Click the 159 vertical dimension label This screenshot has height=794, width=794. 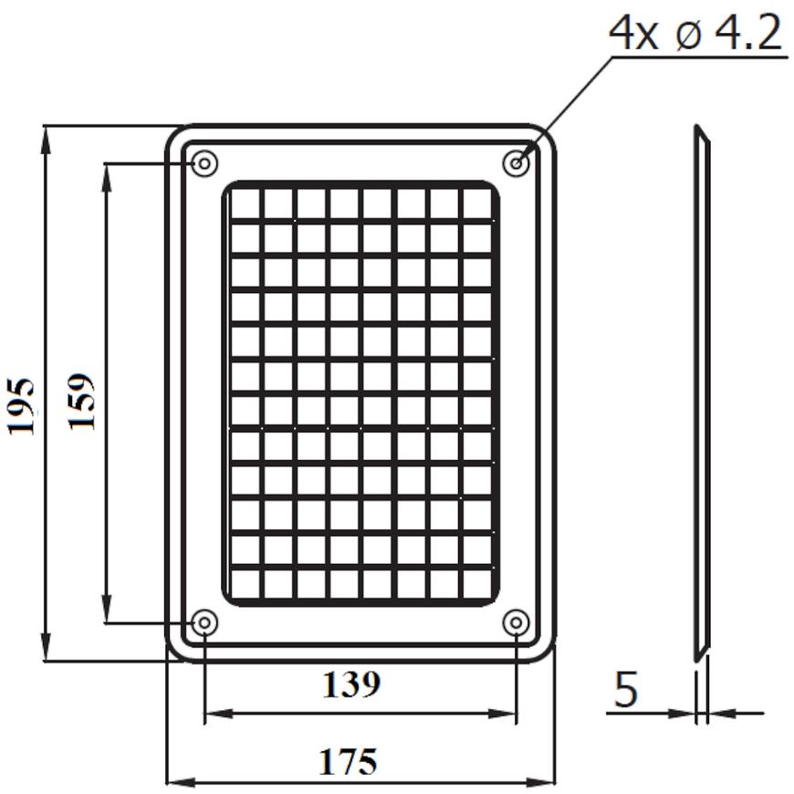[80, 402]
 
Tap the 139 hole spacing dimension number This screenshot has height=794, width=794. [351, 684]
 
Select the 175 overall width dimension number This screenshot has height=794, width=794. [348, 761]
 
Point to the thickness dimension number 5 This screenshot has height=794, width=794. [626, 690]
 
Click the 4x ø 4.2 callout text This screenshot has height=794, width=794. [695, 34]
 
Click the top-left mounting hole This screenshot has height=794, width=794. [204, 163]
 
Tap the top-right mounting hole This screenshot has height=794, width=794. [516, 163]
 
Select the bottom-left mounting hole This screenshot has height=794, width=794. [204, 622]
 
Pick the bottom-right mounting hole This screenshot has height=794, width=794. [516, 622]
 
